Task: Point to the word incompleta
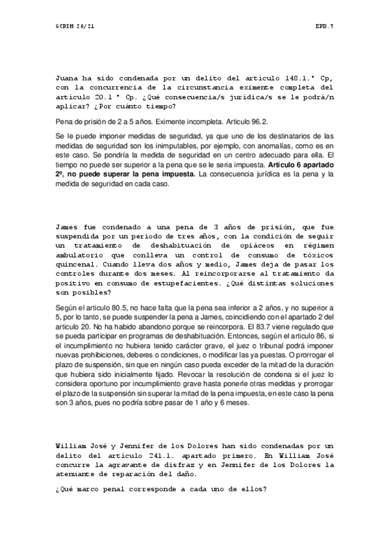183,121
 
